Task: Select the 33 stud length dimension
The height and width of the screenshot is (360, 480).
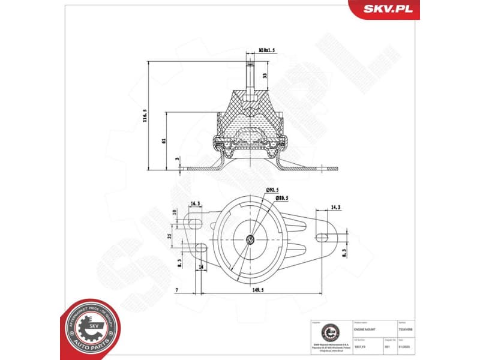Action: (x=265, y=76)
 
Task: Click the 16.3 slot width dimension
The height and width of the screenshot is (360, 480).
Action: (x=196, y=204)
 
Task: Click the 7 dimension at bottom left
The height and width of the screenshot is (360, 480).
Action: (x=178, y=290)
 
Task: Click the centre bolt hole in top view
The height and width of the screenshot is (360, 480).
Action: (x=250, y=240)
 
